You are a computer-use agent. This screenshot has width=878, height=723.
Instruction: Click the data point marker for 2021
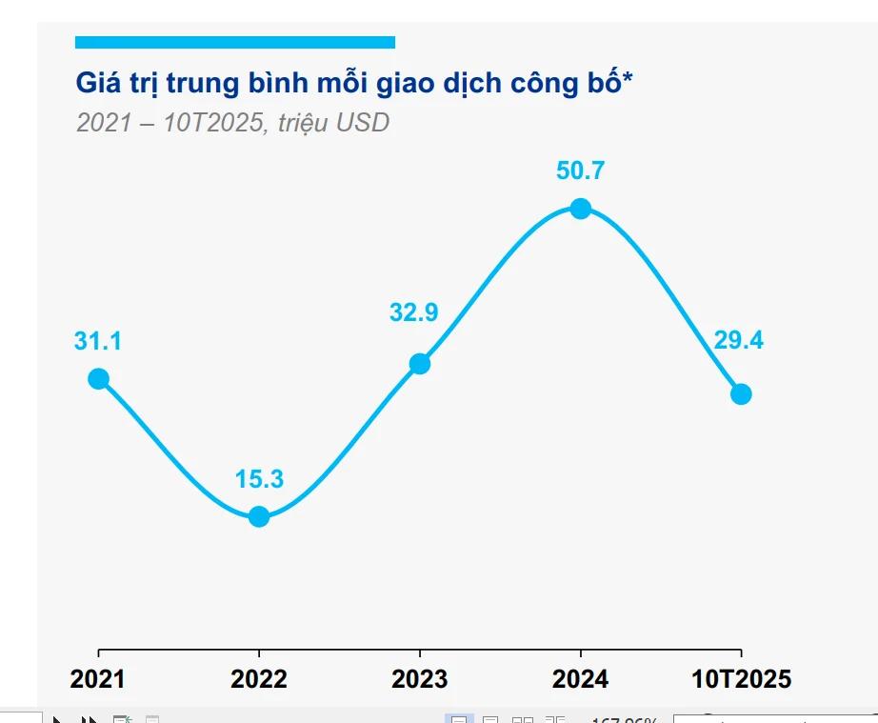[98, 379]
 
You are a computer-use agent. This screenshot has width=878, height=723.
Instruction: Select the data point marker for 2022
[259, 517]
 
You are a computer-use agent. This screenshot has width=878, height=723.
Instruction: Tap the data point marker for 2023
[420, 364]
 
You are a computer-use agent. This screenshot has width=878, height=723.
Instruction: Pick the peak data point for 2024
[581, 209]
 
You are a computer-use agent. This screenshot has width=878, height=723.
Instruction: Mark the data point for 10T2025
[741, 394]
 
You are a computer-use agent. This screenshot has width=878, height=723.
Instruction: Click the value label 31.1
[98, 342]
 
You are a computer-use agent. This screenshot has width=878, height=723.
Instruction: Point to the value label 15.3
[259, 479]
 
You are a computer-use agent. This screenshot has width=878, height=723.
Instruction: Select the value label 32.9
[413, 312]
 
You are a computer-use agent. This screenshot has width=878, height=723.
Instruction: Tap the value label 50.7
[581, 171]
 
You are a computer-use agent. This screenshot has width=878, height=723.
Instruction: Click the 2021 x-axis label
[98, 679]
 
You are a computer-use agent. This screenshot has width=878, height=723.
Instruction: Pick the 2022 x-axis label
[259, 679]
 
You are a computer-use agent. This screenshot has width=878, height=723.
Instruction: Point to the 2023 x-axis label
[420, 679]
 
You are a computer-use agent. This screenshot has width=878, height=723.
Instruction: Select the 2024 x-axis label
[581, 679]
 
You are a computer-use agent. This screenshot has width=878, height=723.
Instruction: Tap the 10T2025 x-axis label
[741, 679]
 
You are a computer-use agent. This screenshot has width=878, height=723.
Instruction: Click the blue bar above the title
[234, 42]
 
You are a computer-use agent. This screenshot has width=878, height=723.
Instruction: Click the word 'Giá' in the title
[98, 84]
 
